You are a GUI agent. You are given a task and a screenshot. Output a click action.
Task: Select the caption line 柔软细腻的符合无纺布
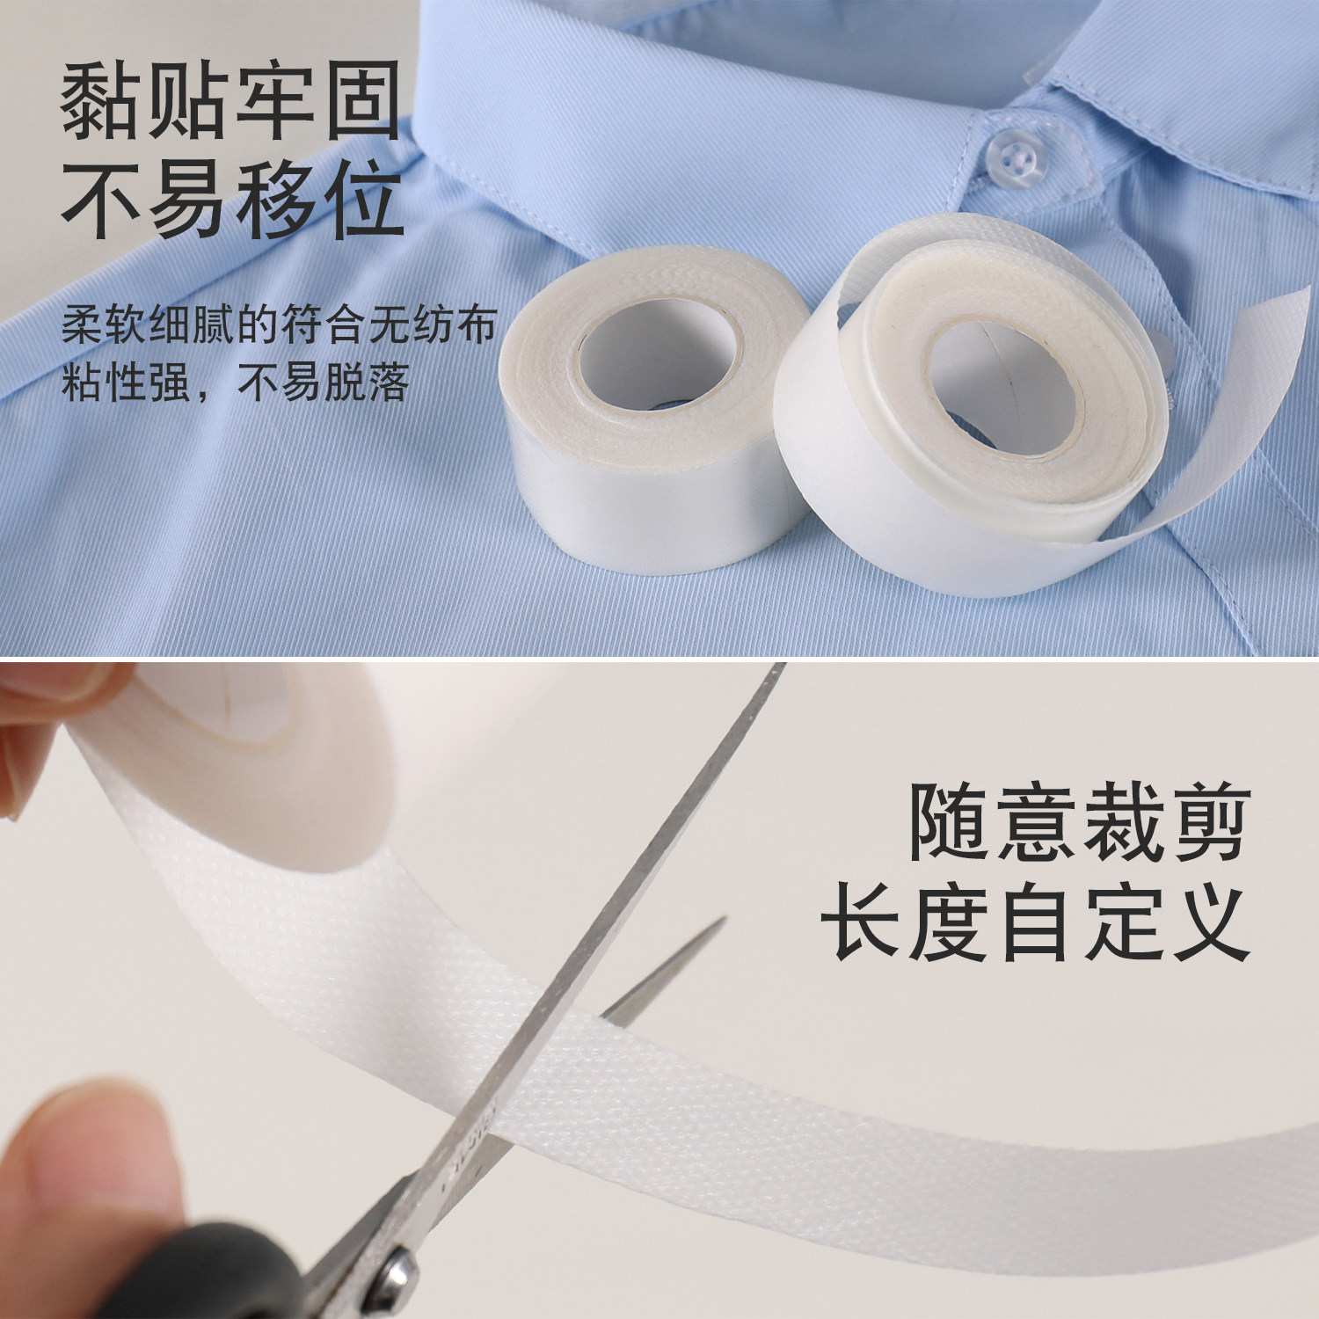click(280, 325)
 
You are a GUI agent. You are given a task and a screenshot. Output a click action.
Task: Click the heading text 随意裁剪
click(1079, 825)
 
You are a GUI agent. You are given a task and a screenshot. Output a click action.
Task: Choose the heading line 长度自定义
click(1035, 924)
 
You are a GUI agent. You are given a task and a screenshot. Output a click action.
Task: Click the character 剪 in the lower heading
click(1205, 825)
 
